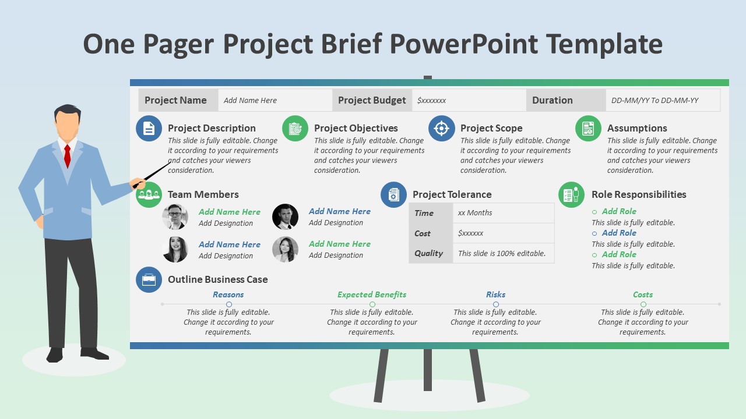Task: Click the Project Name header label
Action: (175, 100)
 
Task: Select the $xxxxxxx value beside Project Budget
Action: (432, 100)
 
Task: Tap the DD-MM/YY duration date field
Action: (654, 100)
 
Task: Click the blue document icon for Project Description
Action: (149, 128)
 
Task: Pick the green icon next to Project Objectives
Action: (295, 128)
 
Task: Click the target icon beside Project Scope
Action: (442, 128)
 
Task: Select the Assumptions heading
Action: (637, 128)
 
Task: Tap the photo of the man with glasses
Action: (175, 217)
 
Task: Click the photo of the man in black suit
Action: (285, 217)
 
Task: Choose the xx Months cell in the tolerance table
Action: (475, 213)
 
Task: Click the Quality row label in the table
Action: (429, 253)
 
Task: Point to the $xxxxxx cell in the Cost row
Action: (471, 233)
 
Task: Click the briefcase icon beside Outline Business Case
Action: (149, 279)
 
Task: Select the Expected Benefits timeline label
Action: (372, 294)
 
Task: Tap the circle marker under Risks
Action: (496, 304)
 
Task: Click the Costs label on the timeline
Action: (643, 294)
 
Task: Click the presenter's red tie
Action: (68, 155)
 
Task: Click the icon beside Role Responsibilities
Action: (571, 194)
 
